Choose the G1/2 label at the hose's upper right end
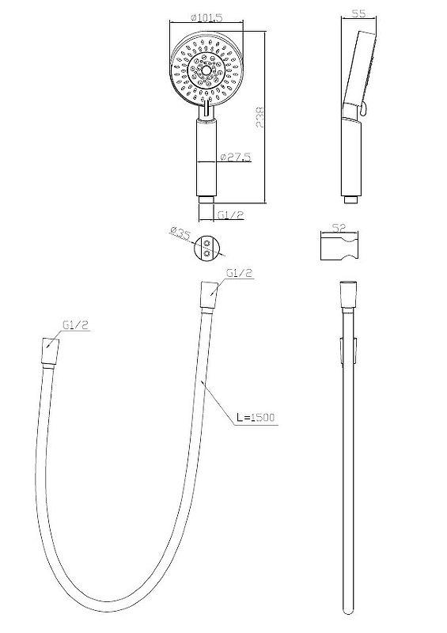237,274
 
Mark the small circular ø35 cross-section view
207,248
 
